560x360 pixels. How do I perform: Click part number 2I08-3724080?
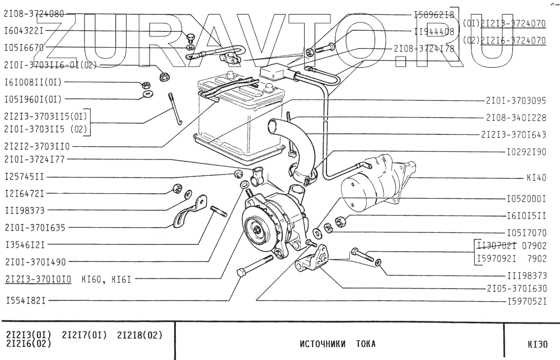click(x=34, y=13)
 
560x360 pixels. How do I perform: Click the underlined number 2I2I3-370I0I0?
click(x=38, y=278)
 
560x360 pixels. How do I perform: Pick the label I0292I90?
click(x=526, y=152)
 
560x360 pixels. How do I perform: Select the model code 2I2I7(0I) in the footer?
click(x=82, y=335)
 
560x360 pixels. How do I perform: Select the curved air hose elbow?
click(x=291, y=146)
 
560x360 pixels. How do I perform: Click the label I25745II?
click(x=24, y=176)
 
